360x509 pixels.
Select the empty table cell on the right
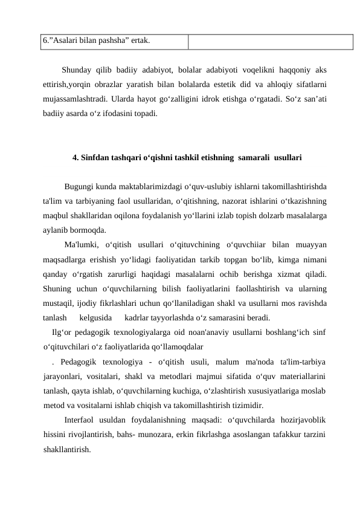(269, 41)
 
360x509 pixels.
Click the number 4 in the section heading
(74, 158)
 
